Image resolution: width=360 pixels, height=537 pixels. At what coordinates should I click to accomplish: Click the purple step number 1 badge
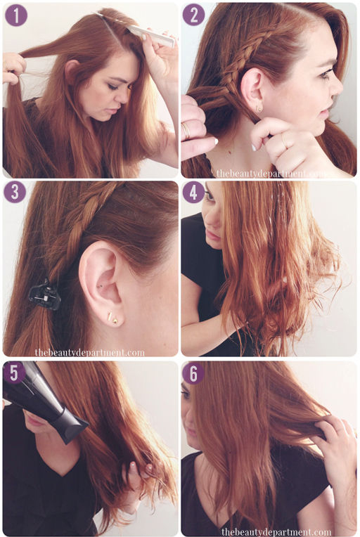coord(16,15)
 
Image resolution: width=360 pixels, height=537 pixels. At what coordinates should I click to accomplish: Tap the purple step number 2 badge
coord(193,15)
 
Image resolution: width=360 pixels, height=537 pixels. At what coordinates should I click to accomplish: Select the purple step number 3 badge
coord(15,192)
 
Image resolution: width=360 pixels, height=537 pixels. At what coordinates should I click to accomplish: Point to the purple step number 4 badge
coord(193,192)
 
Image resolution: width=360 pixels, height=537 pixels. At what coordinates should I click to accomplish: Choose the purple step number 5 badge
coord(13,373)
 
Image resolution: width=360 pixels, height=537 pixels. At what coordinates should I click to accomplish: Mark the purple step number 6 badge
coord(193,373)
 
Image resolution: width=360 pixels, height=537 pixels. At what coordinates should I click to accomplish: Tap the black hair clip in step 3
coord(44,295)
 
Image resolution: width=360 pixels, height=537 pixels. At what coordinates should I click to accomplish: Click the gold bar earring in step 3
coord(108,316)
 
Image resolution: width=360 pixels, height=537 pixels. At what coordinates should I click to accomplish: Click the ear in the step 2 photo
coord(252,90)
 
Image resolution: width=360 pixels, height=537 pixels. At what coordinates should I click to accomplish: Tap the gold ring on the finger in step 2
coord(186,131)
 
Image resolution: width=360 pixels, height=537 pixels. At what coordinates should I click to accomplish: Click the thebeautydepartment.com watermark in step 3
coord(90,352)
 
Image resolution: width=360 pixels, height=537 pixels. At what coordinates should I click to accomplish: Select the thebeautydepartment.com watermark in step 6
coord(276,532)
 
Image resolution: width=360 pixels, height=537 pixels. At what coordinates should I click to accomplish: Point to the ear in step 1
coord(71,71)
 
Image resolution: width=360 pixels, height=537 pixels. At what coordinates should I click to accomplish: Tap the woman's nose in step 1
coord(122,97)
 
